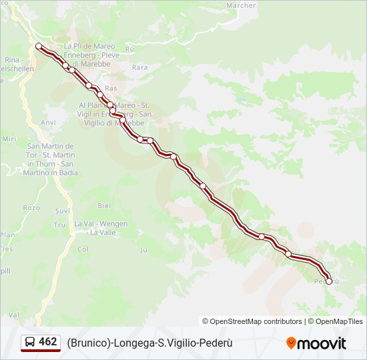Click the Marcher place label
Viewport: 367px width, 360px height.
click(x=241, y=5)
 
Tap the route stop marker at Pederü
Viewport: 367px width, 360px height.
click(x=328, y=281)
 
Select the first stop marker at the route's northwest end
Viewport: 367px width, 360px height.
click(x=39, y=46)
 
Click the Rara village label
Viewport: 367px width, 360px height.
click(x=139, y=67)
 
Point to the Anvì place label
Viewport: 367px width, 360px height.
click(x=48, y=123)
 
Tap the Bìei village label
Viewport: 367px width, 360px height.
click(x=104, y=206)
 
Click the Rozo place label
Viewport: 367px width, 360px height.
click(x=31, y=207)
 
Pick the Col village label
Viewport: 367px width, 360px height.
click(x=83, y=249)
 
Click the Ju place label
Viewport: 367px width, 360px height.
click(x=143, y=250)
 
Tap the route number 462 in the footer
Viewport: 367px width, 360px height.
click(x=48, y=342)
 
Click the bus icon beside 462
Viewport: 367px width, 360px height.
click(x=30, y=342)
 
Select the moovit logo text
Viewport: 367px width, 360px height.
click(x=322, y=343)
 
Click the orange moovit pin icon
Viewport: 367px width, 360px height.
click(x=291, y=343)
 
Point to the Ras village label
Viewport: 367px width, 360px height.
click(x=111, y=88)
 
